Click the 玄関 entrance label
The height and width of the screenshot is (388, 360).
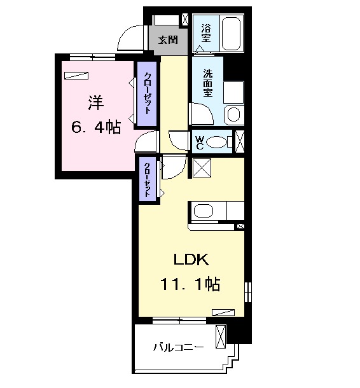(169, 39)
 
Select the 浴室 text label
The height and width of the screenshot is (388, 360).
(205, 33)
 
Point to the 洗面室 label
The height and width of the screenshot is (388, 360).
(208, 83)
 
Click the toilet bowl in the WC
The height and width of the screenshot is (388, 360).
(216, 142)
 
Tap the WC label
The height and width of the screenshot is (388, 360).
(199, 142)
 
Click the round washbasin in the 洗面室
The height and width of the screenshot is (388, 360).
(233, 115)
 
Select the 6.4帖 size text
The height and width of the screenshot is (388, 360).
(96, 127)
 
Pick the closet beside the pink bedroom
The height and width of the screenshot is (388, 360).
(147, 94)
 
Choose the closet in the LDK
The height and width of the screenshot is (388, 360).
(147, 179)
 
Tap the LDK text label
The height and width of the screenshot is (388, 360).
(191, 260)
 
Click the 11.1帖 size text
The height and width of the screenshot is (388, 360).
(190, 284)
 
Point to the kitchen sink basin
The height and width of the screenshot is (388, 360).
(204, 211)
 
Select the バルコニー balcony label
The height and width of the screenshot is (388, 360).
(178, 347)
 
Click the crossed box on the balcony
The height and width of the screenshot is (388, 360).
(221, 336)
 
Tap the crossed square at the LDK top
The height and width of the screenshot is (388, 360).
(202, 168)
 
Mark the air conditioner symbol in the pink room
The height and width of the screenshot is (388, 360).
(76, 76)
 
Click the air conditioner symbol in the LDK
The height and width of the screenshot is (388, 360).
(223, 312)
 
